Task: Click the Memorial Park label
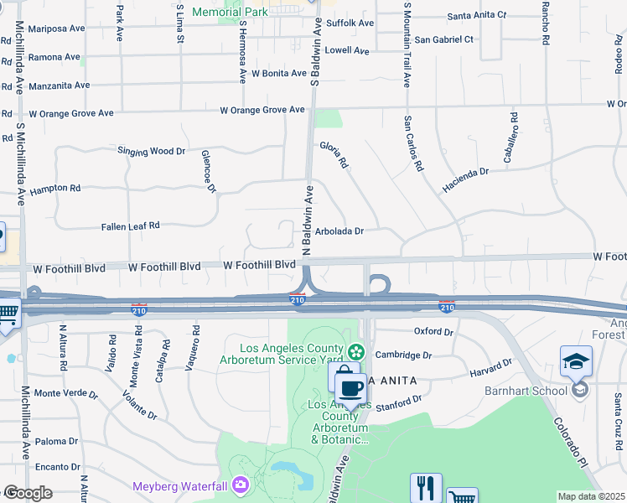230,12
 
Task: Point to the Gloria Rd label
333,155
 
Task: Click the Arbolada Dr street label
339,231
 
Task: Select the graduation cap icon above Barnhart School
576,361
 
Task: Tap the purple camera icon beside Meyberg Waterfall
241,485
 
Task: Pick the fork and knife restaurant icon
426,488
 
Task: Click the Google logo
28,493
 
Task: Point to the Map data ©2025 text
591,496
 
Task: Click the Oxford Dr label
433,332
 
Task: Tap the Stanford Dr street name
398,405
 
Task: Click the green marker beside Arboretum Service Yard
357,350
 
